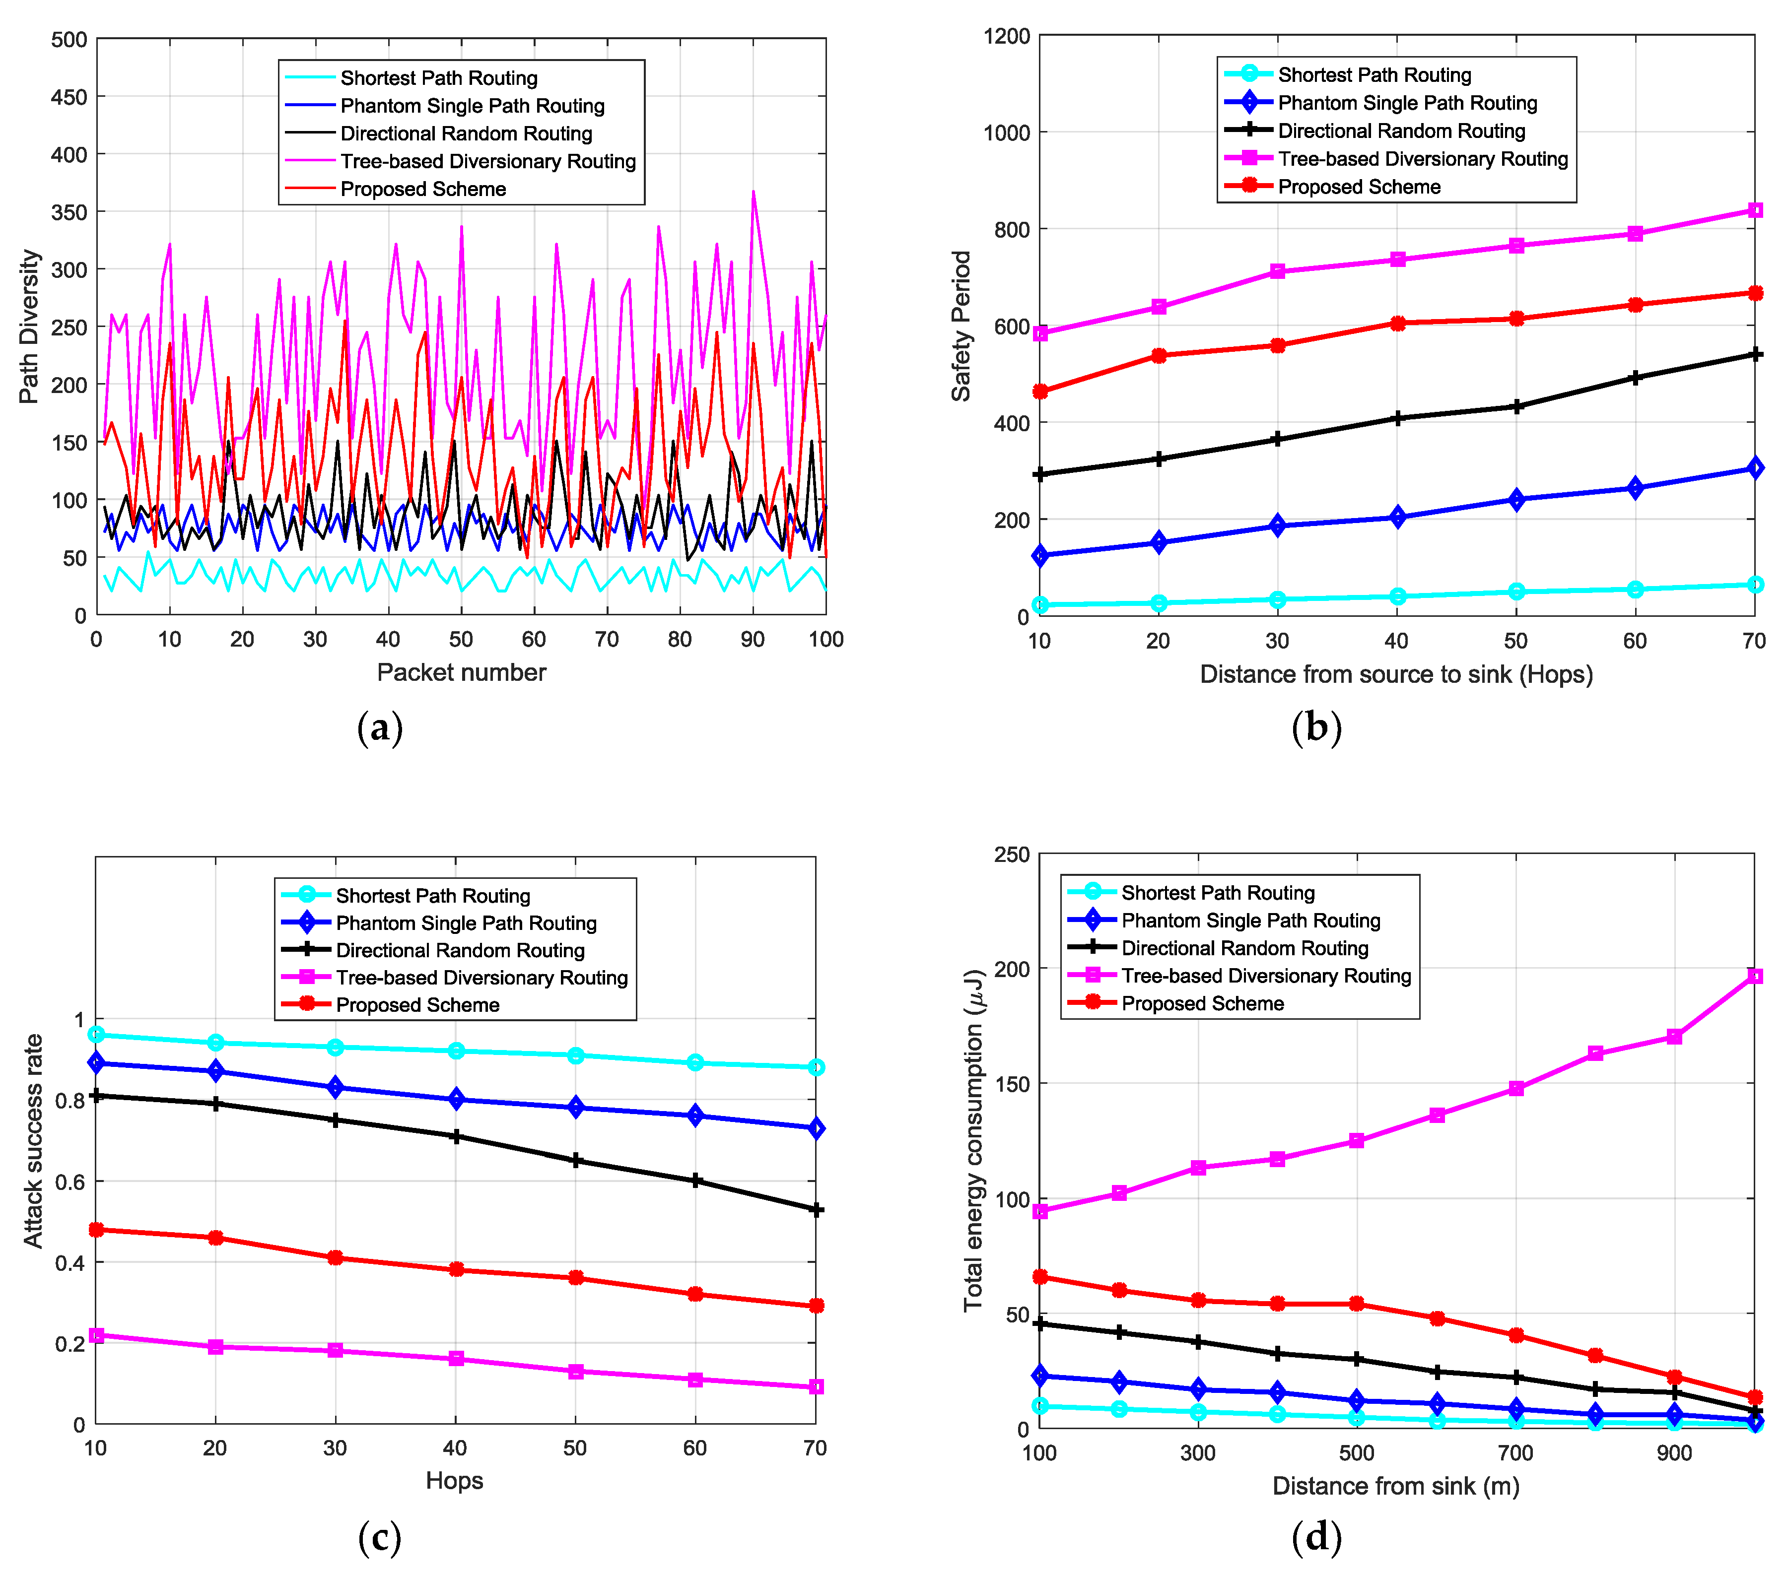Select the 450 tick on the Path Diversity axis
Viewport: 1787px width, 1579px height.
point(69,97)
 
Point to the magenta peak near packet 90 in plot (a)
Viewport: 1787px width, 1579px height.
point(753,192)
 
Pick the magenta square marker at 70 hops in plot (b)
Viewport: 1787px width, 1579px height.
point(1754,210)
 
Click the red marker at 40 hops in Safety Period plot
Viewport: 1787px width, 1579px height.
point(1397,324)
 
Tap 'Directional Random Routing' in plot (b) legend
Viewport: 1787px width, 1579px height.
point(1401,131)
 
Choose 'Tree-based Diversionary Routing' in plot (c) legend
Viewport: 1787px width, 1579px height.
point(481,977)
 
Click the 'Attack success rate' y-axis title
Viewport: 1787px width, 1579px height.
point(33,1140)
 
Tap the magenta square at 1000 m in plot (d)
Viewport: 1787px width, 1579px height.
point(1754,976)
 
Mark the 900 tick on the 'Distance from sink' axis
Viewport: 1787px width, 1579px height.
point(1673,1453)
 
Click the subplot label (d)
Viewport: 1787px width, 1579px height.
point(1316,1536)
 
